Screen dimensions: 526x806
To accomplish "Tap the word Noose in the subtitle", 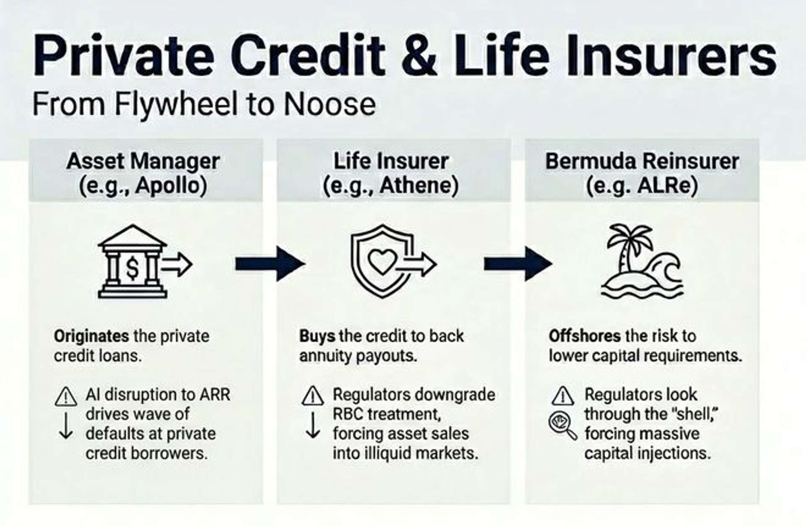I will point(330,104).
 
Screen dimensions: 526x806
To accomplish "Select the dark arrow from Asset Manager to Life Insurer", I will point(270,264).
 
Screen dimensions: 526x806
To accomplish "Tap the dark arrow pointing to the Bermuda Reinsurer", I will point(518,264).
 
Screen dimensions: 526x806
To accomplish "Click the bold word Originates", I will point(92,336).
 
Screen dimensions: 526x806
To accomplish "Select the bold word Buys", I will point(317,336).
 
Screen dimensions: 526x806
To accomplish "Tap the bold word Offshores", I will point(584,336).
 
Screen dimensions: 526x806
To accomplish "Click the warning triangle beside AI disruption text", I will point(65,397).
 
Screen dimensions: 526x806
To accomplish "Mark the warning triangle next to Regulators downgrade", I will point(312,396).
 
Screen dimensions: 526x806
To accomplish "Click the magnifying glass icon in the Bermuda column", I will point(563,425).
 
